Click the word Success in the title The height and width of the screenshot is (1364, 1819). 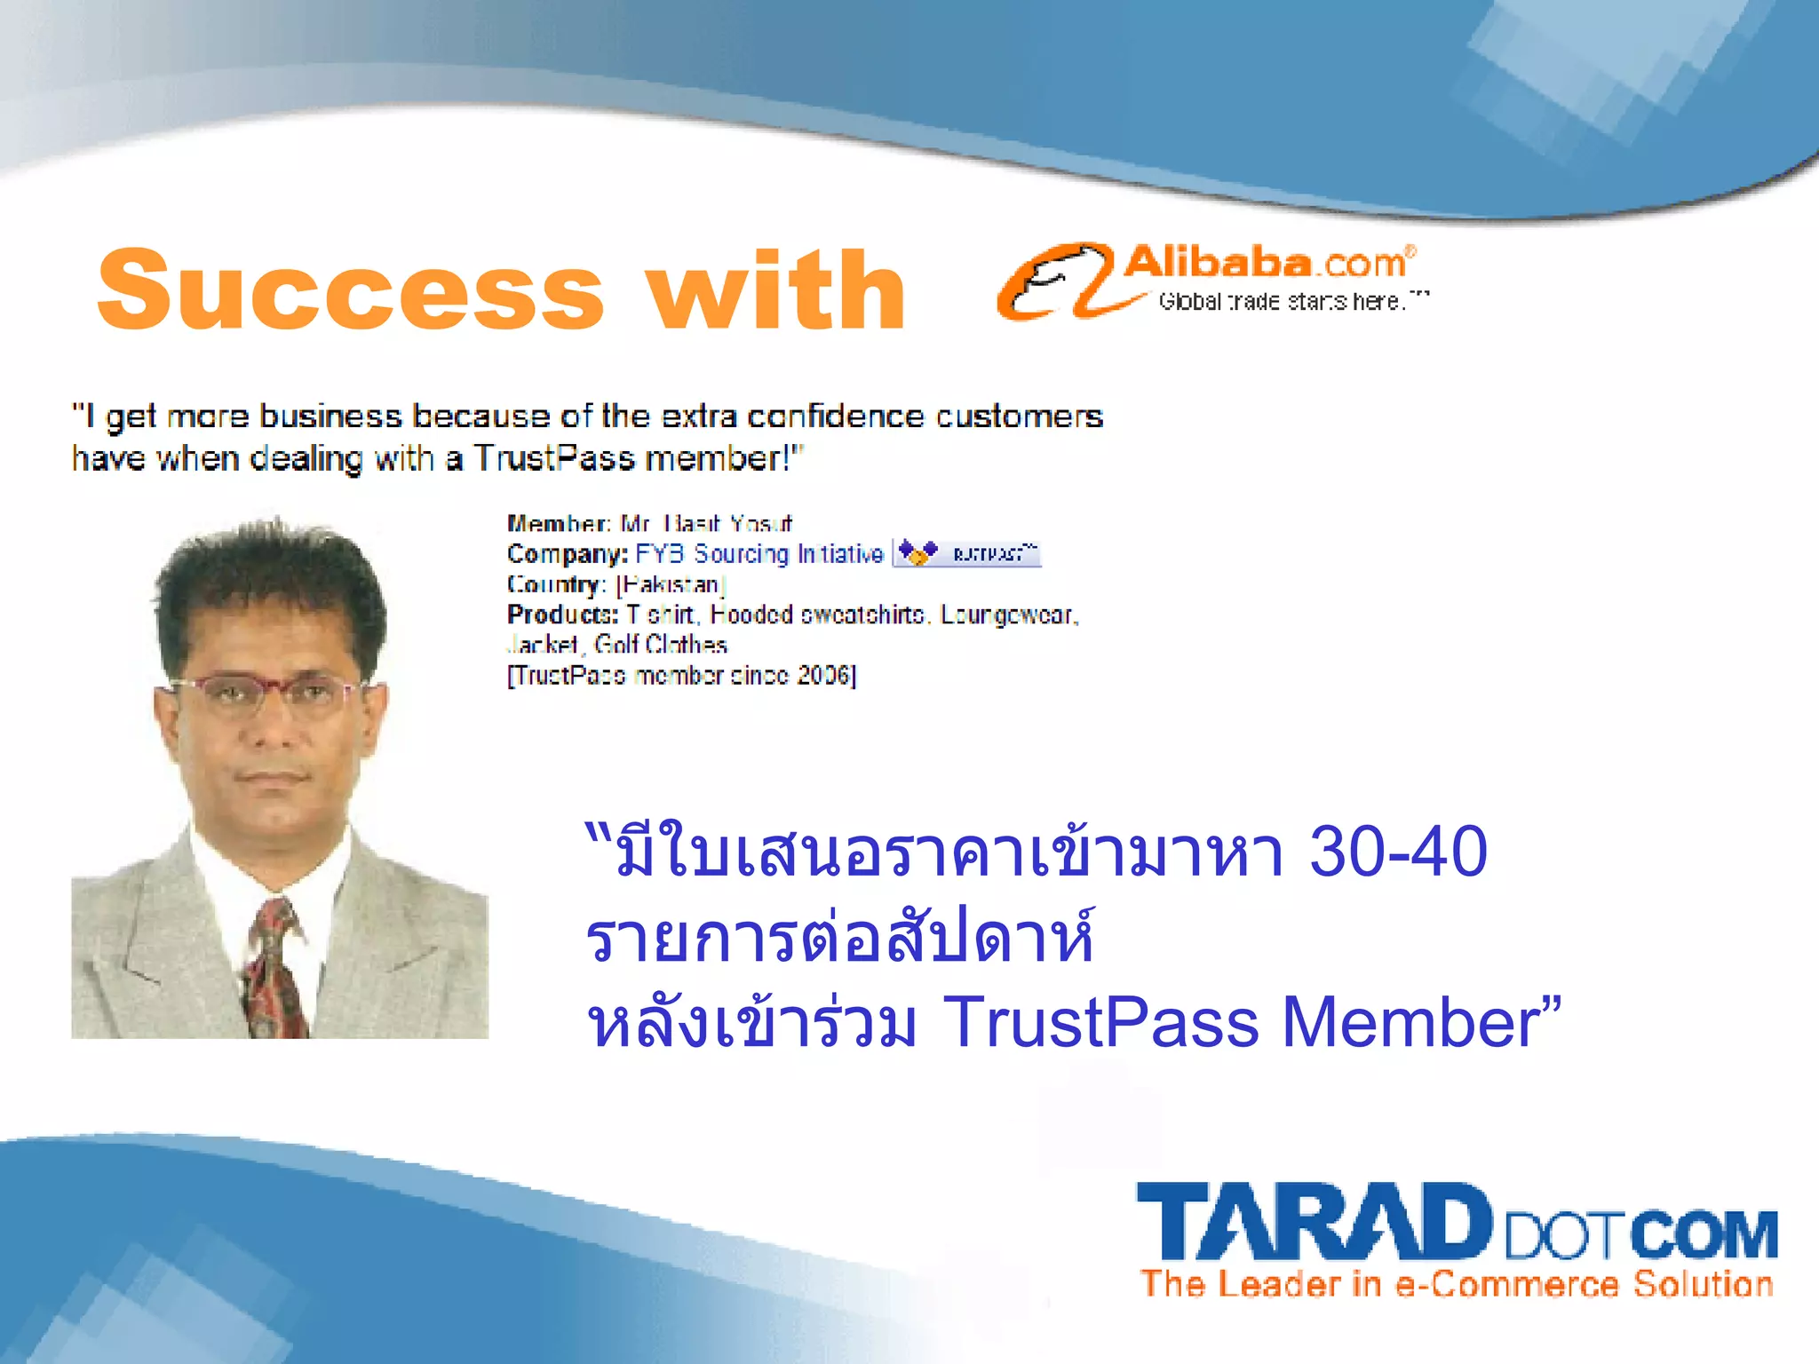coord(351,290)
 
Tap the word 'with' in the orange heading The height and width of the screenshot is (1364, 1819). coord(776,290)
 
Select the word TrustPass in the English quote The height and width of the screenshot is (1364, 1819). coord(554,458)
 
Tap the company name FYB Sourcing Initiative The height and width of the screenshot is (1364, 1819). coord(759,554)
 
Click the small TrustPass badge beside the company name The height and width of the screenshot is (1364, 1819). coord(966,553)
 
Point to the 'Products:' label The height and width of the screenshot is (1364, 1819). coord(562,615)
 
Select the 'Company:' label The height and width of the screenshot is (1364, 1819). coord(568,554)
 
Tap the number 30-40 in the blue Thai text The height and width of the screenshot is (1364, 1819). coord(1398,852)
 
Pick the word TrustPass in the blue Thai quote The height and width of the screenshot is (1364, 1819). coord(1101,1022)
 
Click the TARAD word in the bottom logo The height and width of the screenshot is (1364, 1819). coord(1315,1224)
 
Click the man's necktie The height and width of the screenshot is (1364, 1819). coord(275,968)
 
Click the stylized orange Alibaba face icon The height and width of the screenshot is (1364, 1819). coord(1057,281)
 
